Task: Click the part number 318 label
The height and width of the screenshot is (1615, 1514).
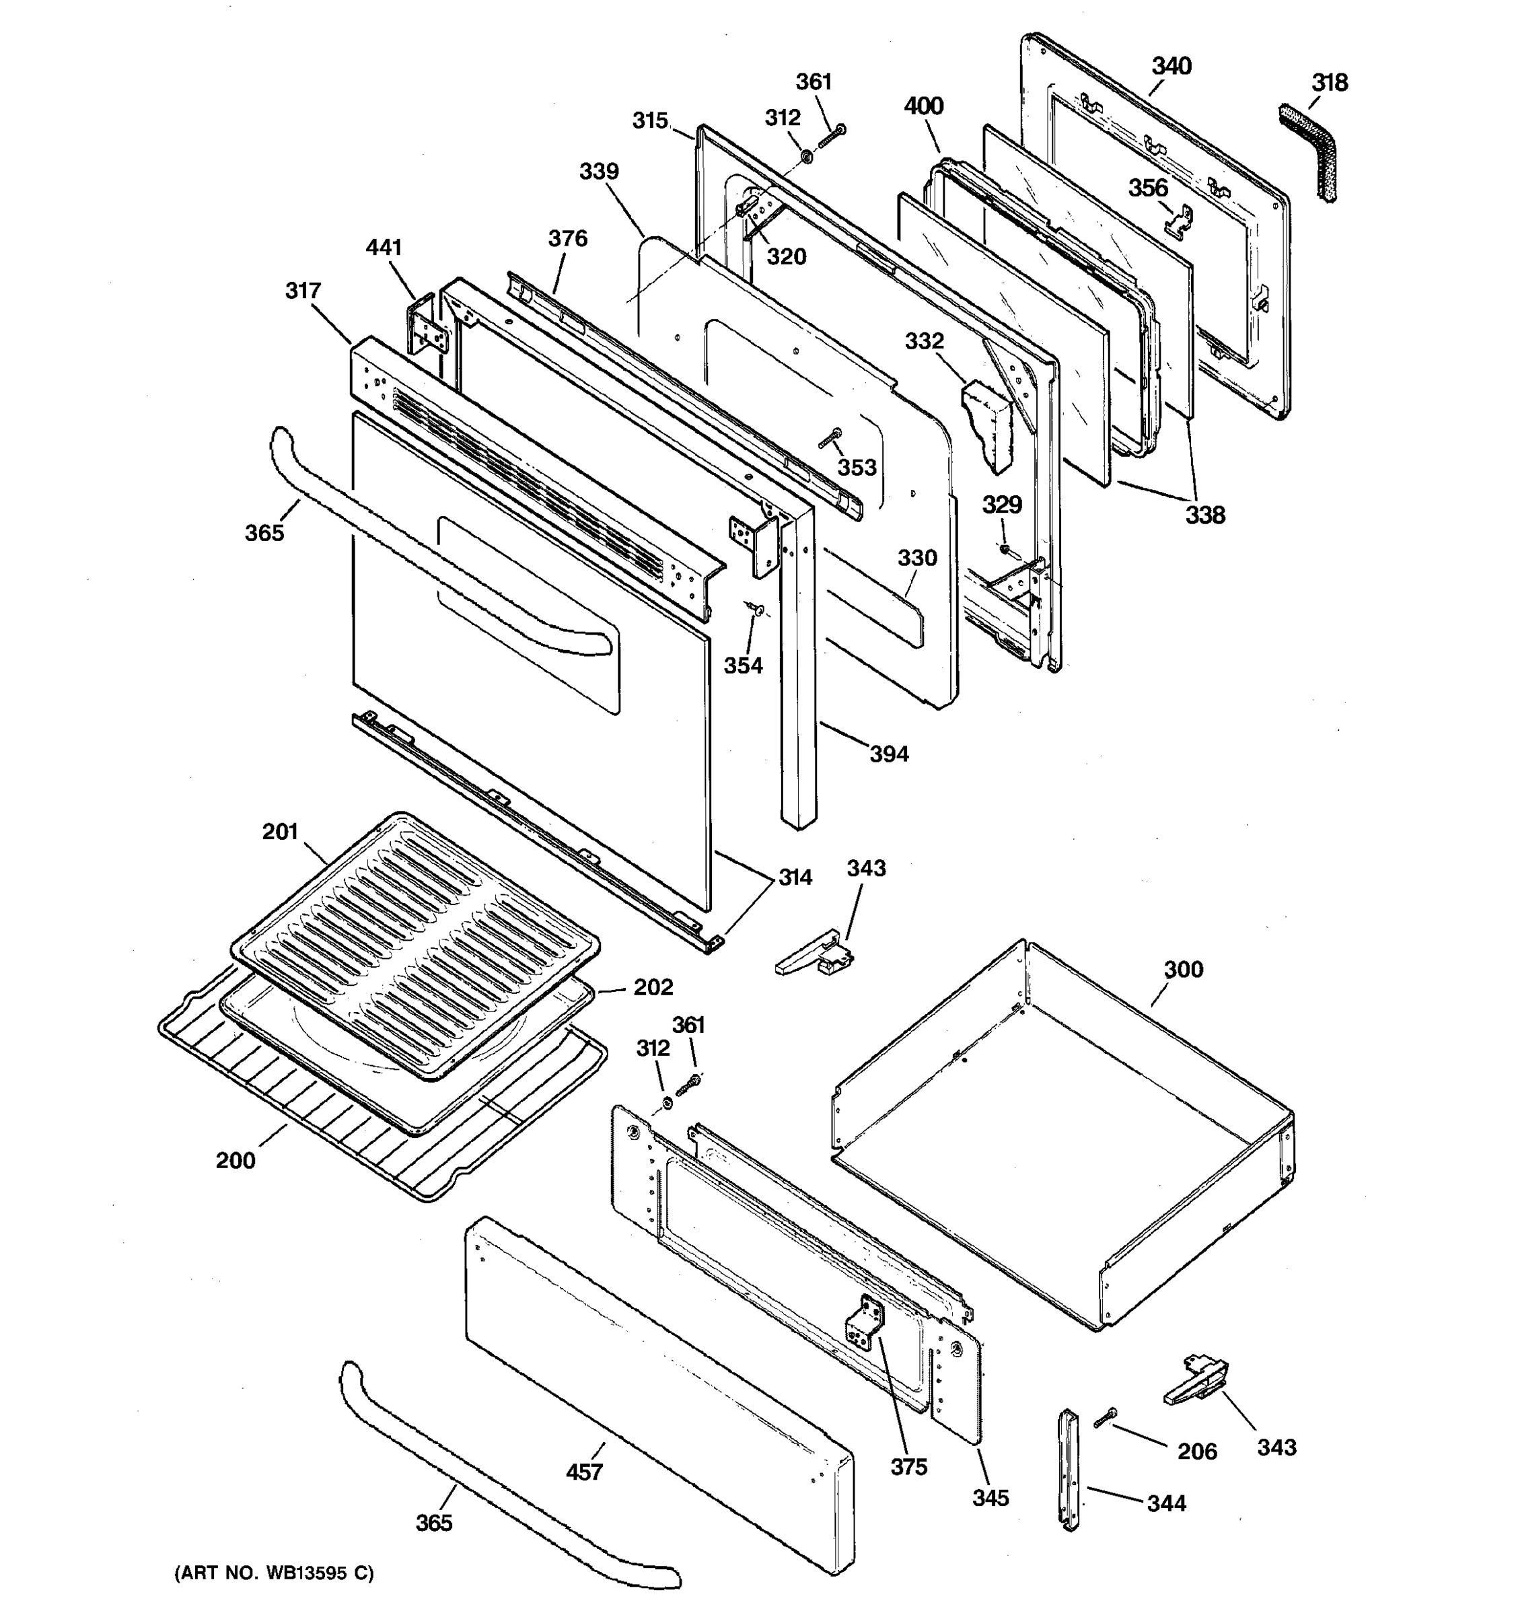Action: (x=1330, y=83)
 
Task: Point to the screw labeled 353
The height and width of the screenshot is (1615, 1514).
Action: (x=830, y=439)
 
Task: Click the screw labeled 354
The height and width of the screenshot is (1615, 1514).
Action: (x=756, y=608)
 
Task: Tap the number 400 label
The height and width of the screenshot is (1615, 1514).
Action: (x=923, y=106)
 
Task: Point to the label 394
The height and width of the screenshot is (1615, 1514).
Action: (x=890, y=754)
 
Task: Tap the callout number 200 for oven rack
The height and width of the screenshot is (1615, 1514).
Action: (x=236, y=1160)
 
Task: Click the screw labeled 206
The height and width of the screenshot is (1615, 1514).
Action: (x=1106, y=1419)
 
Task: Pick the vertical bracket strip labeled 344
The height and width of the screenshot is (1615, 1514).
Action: (x=1070, y=1470)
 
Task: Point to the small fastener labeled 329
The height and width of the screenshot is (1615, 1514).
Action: (x=1005, y=550)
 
